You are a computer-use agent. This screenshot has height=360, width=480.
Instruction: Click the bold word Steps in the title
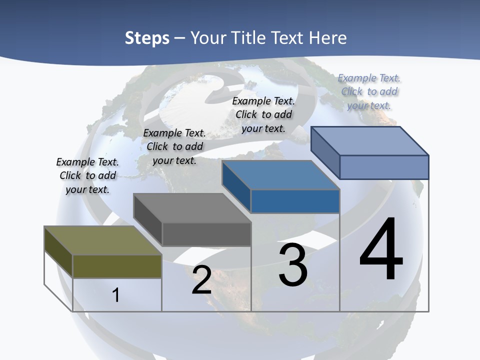146,38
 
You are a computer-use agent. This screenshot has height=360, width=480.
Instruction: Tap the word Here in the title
327,38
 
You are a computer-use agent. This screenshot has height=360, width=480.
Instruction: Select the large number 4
381,250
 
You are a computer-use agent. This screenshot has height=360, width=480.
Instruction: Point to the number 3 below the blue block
293,265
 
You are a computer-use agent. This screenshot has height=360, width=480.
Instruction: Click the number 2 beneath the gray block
201,280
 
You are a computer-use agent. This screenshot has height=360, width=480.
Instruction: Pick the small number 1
116,295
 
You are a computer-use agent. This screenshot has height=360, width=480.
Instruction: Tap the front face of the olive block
117,266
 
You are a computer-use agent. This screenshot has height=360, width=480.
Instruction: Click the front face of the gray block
206,234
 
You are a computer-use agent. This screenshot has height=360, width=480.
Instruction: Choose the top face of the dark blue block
280,175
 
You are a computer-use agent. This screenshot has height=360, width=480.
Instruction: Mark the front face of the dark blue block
295,201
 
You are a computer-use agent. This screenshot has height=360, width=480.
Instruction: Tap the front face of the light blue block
384,167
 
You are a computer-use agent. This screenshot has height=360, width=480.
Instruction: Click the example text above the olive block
87,175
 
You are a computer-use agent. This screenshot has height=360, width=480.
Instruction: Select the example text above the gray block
174,146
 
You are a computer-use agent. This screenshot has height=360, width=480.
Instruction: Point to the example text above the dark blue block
263,114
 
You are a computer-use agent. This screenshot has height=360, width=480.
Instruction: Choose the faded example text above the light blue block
369,91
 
